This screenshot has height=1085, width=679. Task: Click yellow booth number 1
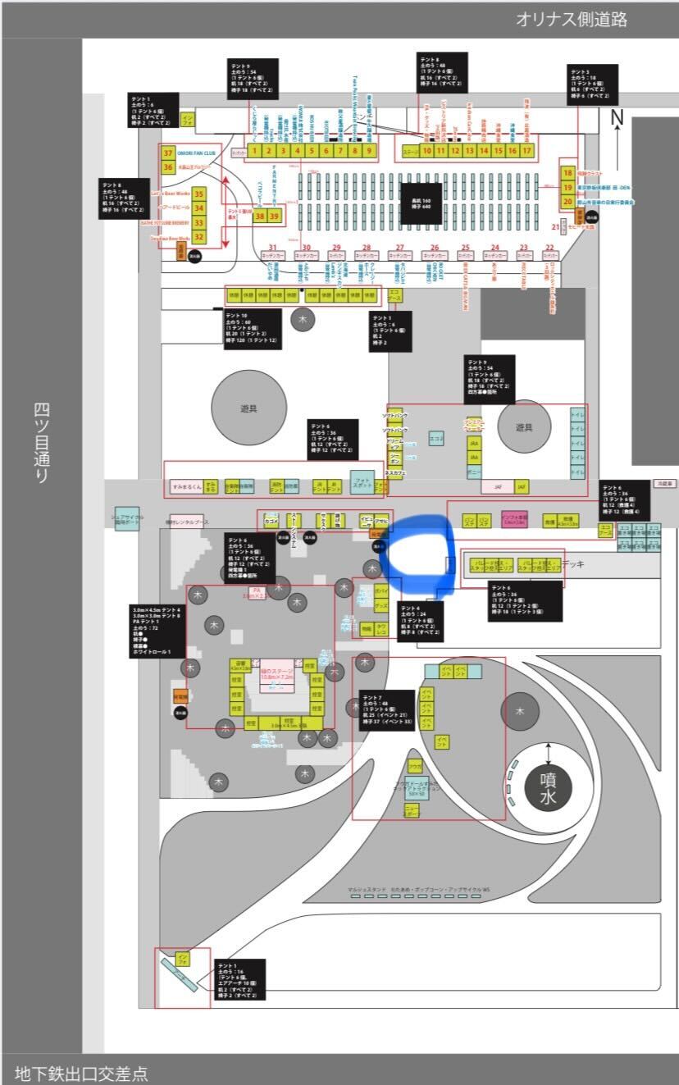pos(255,150)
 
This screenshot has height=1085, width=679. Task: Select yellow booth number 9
pos(369,150)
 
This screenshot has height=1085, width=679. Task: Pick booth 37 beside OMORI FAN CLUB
pos(167,153)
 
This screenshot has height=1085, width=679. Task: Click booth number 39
pos(275,216)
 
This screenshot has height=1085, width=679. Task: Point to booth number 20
pos(567,201)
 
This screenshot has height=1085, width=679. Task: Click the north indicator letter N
pos(617,118)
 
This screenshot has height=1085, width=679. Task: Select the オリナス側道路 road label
pos(572,20)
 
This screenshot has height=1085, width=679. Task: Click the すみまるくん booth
pos(186,486)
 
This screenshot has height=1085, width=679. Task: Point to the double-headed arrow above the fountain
pos(549,753)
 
